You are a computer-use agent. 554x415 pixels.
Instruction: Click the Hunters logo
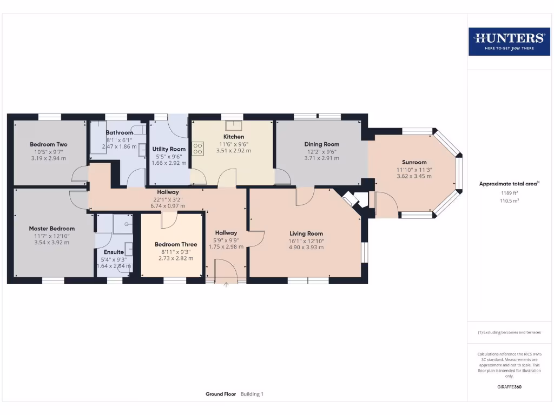pyautogui.click(x=509, y=42)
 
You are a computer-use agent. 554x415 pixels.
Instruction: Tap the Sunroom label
pyautogui.click(x=414, y=162)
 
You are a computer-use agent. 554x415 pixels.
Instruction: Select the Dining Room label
pyautogui.click(x=321, y=144)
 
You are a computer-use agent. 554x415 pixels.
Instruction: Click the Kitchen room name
pyautogui.click(x=234, y=137)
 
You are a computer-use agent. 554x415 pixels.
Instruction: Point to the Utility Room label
pyautogui.click(x=169, y=149)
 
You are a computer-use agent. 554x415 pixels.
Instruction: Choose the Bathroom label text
pyautogui.click(x=119, y=132)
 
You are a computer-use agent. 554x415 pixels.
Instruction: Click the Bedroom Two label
pyautogui.click(x=48, y=144)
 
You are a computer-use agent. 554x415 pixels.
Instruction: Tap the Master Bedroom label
pyautogui.click(x=51, y=229)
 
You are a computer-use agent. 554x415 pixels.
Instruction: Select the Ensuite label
pyautogui.click(x=114, y=252)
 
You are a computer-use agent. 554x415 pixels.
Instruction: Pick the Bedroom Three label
pyautogui.click(x=176, y=244)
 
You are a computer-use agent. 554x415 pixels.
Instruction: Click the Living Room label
pyautogui.click(x=306, y=233)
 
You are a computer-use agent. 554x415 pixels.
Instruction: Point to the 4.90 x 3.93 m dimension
pyautogui.click(x=306, y=247)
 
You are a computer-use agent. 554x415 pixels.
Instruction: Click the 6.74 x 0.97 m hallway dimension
pyautogui.click(x=168, y=206)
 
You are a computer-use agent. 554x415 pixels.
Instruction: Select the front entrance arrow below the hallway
pyautogui.click(x=226, y=286)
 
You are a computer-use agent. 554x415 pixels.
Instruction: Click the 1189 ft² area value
pyautogui.click(x=509, y=192)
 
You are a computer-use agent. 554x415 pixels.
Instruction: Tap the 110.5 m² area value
pyautogui.click(x=509, y=200)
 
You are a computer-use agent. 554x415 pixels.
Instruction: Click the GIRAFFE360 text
pyautogui.click(x=509, y=387)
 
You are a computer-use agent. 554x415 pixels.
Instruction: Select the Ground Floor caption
pyautogui.click(x=221, y=394)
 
